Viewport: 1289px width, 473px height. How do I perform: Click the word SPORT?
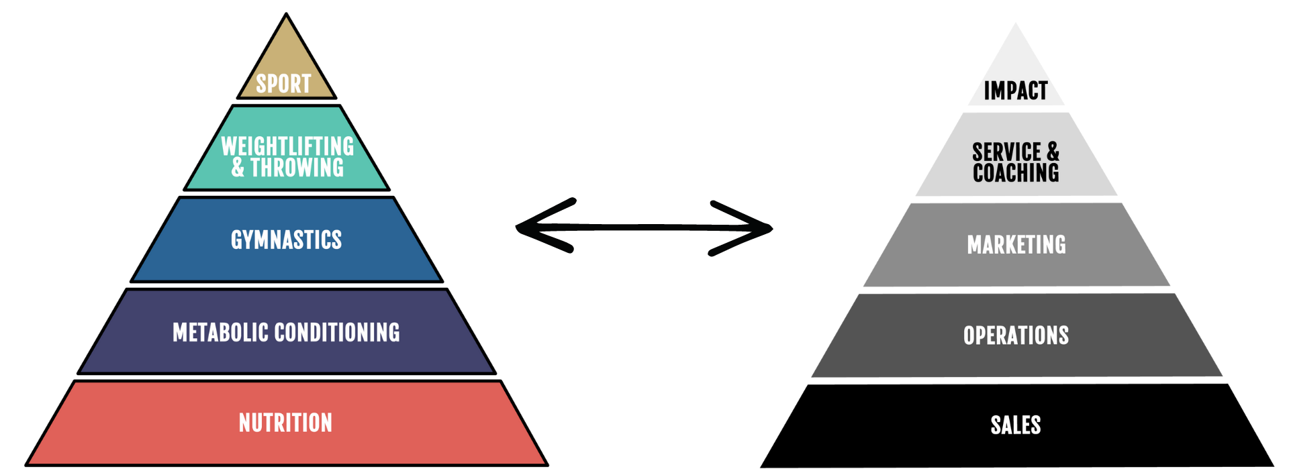pyautogui.click(x=283, y=84)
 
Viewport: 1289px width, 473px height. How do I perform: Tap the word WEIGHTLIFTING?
pyautogui.click(x=287, y=146)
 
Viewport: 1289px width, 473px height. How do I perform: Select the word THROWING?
pyautogui.click(x=297, y=168)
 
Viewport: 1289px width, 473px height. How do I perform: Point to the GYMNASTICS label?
pyautogui.click(x=286, y=240)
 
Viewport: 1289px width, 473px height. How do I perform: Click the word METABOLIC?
pyautogui.click(x=221, y=332)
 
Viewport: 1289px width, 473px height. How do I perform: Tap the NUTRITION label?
pyautogui.click(x=285, y=423)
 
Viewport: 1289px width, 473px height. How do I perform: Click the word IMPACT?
pyautogui.click(x=1016, y=91)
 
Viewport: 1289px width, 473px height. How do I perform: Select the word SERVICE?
pyautogui.click(x=1007, y=152)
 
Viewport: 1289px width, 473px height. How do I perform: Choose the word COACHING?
pyautogui.click(x=1016, y=173)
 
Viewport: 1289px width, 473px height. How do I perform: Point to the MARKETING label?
pyautogui.click(x=1016, y=245)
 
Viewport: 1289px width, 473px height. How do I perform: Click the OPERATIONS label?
pyautogui.click(x=1016, y=335)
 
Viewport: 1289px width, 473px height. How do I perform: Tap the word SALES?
pyautogui.click(x=1016, y=425)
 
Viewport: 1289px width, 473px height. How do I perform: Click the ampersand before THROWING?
pyautogui.click(x=238, y=168)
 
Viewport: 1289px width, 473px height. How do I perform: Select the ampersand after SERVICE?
pyautogui.click(x=1053, y=152)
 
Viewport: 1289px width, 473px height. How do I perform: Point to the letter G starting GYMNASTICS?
pyautogui.click(x=236, y=240)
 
